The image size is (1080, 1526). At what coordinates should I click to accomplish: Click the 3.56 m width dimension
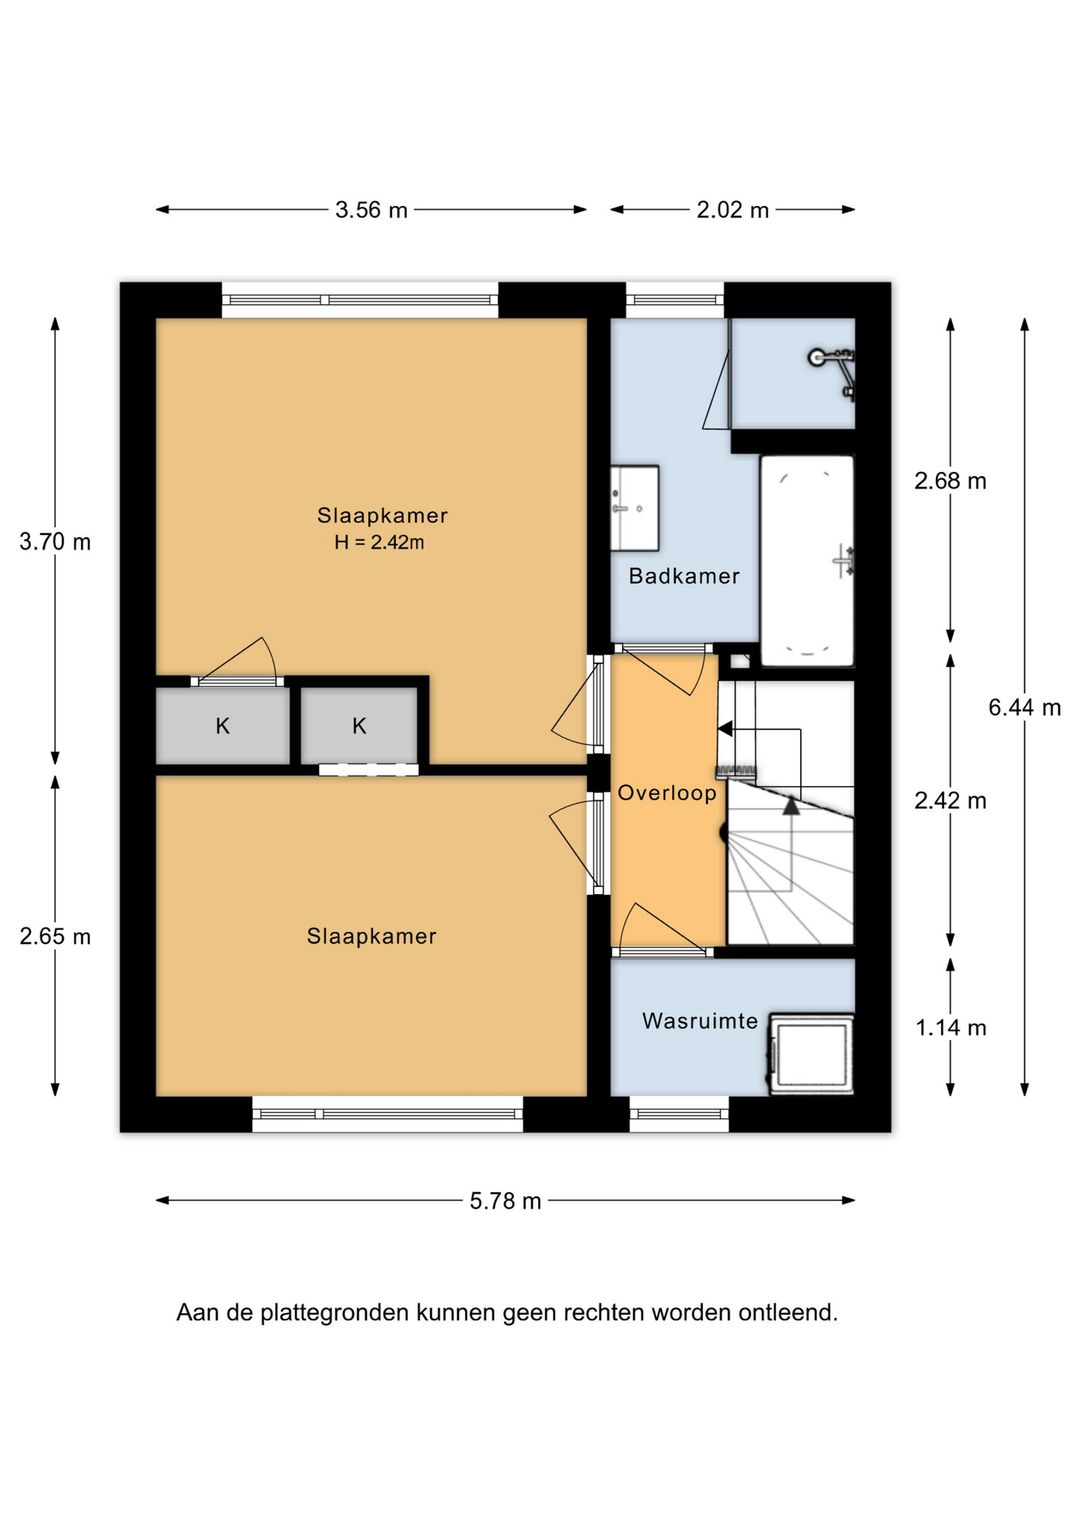tap(371, 210)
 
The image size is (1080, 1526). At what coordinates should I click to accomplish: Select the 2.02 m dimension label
tap(732, 210)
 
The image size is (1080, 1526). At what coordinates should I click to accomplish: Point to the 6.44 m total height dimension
tap(1025, 708)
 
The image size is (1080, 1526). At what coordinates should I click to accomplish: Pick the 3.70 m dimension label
tap(55, 542)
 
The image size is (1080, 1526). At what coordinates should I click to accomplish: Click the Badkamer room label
tap(684, 576)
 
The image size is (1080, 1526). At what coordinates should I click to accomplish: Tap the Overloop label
tap(667, 793)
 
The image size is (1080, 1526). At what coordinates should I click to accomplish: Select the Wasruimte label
tap(700, 1021)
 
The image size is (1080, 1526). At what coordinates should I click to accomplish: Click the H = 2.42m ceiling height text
tap(380, 542)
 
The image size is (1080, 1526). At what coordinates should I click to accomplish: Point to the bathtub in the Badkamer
tap(807, 561)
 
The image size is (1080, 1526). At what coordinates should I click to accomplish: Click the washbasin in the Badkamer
tap(634, 508)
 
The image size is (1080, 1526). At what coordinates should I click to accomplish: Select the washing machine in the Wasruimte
tap(812, 1054)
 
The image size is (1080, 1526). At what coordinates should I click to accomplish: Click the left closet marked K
tap(223, 726)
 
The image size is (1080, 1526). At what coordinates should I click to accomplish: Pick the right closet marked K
tap(359, 726)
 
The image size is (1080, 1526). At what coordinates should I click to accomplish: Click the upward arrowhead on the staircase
tap(790, 806)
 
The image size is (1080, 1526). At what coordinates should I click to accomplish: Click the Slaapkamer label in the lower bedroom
tap(371, 936)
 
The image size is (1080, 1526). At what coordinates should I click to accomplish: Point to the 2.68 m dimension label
tap(951, 481)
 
